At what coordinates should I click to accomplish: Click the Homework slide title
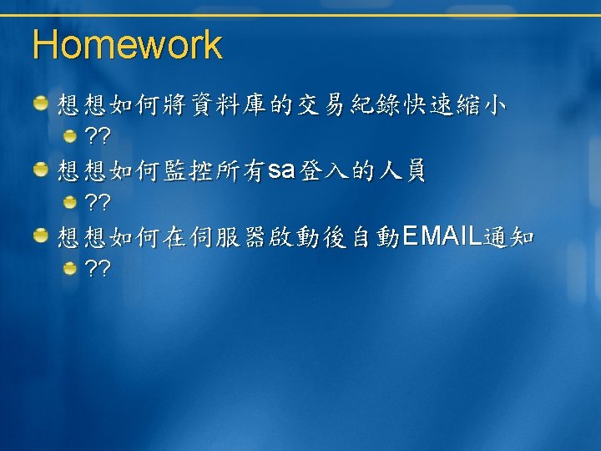128,44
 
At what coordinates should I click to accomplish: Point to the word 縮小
481,104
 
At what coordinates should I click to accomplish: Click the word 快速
427,104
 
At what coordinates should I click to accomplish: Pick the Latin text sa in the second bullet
281,170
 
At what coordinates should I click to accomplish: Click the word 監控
188,170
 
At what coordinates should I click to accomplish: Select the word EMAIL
442,236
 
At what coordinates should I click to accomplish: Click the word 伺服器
227,237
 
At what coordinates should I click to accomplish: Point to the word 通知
508,237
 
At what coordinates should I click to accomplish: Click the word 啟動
294,237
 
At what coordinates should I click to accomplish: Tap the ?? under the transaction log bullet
98,135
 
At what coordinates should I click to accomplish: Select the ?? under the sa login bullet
98,202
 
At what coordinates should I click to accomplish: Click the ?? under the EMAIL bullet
98,268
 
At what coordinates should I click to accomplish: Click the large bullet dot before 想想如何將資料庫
41,103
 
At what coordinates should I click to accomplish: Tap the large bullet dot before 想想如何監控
41,169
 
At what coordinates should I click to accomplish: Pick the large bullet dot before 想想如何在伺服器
41,235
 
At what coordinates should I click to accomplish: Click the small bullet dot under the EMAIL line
70,268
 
